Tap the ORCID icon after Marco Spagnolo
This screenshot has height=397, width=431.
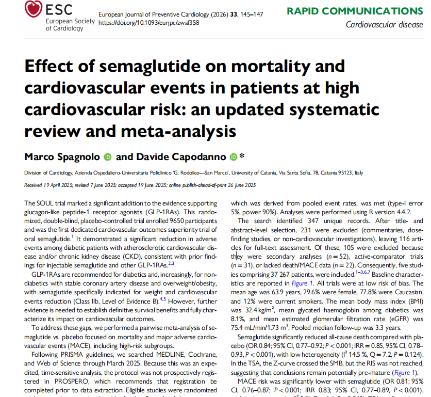(x=108, y=156)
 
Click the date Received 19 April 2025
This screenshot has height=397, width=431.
(x=48, y=184)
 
